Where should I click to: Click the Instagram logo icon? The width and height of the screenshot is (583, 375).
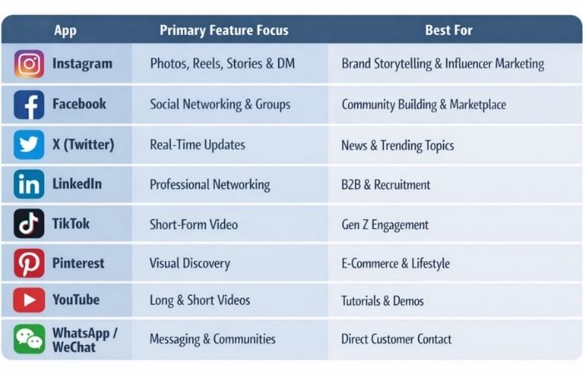point(29,64)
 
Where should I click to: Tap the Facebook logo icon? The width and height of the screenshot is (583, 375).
point(29,105)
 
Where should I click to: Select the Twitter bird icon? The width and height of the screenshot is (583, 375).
point(29,145)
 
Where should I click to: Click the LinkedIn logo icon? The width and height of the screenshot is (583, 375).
point(29,184)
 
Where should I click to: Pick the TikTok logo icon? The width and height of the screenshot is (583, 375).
point(29,224)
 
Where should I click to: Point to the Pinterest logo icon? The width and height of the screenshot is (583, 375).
point(29,263)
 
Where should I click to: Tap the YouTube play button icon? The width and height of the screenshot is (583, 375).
point(29,300)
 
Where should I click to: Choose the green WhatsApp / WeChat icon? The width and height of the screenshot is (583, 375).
point(29,339)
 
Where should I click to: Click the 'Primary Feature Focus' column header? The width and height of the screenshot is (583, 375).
point(224,30)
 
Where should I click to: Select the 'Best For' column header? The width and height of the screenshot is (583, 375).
point(449,30)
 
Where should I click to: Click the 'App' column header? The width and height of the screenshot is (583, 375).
point(65,30)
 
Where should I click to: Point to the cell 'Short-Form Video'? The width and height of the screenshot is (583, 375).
point(193,224)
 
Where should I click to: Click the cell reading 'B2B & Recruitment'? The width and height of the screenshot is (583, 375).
point(386,184)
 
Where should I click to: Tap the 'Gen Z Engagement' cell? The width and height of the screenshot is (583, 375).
point(385,224)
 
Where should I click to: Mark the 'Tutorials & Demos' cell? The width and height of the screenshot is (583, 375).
point(382,301)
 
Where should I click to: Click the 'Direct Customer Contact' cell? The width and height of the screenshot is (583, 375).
point(396,339)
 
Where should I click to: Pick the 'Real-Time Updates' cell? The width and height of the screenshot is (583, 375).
point(197,145)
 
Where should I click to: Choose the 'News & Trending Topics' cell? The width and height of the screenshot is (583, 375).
point(397,145)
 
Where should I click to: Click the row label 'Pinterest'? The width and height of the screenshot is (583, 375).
point(78,263)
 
